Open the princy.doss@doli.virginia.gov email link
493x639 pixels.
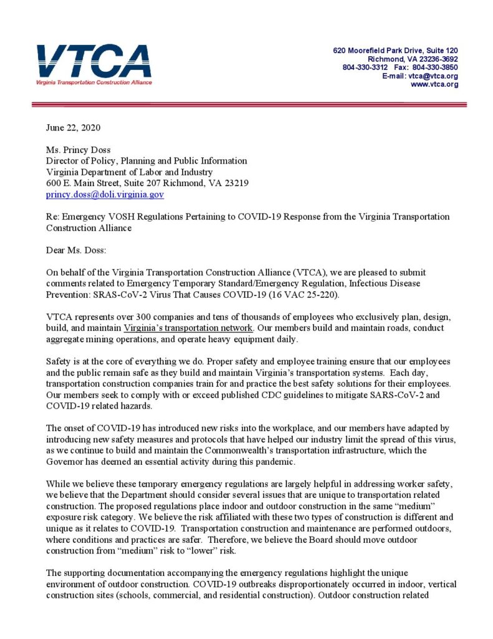[105, 195]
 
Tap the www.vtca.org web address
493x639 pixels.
[434, 84]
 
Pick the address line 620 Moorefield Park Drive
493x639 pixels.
[396, 50]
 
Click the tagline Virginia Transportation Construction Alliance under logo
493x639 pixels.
[93, 82]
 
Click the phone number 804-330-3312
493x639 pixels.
[365, 67]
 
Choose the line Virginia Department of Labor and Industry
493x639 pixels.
[129, 172]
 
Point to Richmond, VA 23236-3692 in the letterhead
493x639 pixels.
[413, 59]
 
